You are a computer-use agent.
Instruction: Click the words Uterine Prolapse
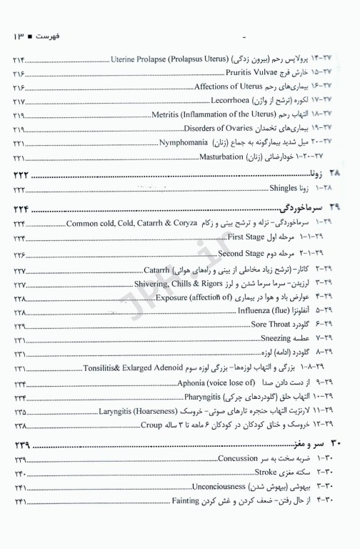point(136,59)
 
